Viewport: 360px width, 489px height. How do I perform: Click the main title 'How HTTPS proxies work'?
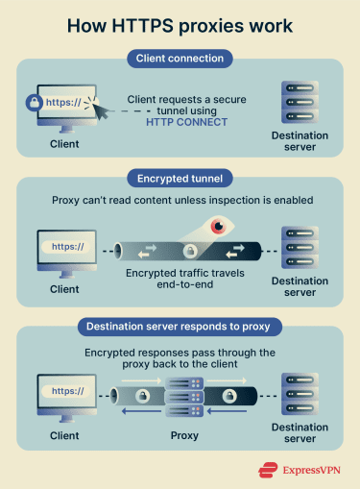pos(180,25)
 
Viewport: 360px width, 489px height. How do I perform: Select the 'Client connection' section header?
pos(180,60)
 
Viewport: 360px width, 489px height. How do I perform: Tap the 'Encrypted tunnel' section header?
pos(180,177)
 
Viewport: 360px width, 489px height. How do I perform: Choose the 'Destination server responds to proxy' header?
pos(180,326)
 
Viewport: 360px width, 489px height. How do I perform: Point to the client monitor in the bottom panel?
pos(65,394)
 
